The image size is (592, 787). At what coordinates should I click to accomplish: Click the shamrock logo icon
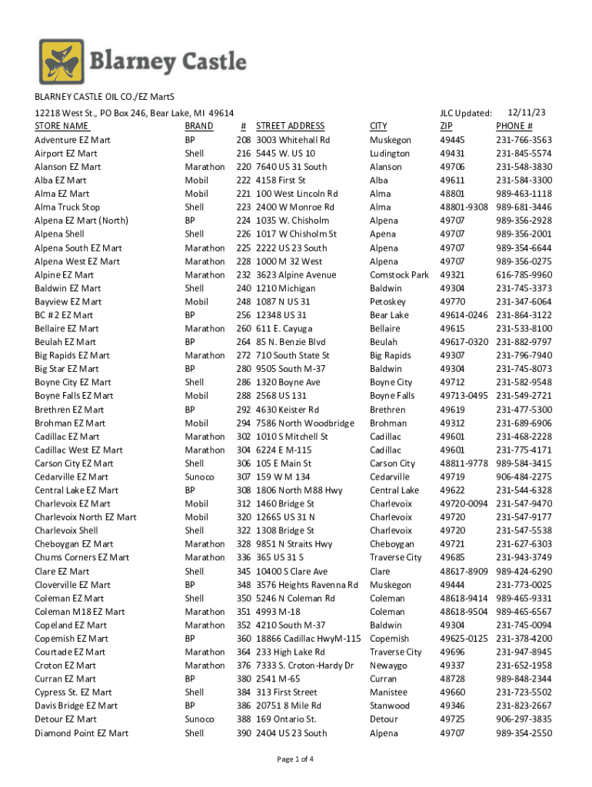(x=62, y=62)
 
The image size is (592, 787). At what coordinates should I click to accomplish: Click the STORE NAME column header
(x=62, y=126)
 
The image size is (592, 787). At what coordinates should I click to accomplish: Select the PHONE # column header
(x=514, y=126)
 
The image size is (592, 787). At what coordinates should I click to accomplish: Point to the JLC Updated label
(x=465, y=114)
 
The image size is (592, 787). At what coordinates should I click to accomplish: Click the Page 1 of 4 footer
(x=295, y=760)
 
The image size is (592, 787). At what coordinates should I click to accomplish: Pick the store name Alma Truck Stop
(x=68, y=208)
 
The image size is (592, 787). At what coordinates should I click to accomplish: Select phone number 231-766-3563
(x=524, y=140)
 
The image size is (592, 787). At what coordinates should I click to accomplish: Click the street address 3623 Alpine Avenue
(x=296, y=274)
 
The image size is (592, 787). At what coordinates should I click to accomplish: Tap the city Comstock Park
(x=399, y=274)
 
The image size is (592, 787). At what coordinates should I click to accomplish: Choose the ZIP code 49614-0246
(x=464, y=315)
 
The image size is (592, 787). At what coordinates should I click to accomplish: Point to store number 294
(x=244, y=423)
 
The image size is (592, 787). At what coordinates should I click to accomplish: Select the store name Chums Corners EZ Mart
(x=82, y=557)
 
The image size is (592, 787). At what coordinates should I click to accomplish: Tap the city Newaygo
(x=388, y=665)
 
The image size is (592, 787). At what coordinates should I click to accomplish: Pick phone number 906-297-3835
(x=524, y=719)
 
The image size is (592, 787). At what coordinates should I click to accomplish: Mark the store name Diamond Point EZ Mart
(x=81, y=732)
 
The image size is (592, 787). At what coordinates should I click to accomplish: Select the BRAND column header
(x=198, y=126)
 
